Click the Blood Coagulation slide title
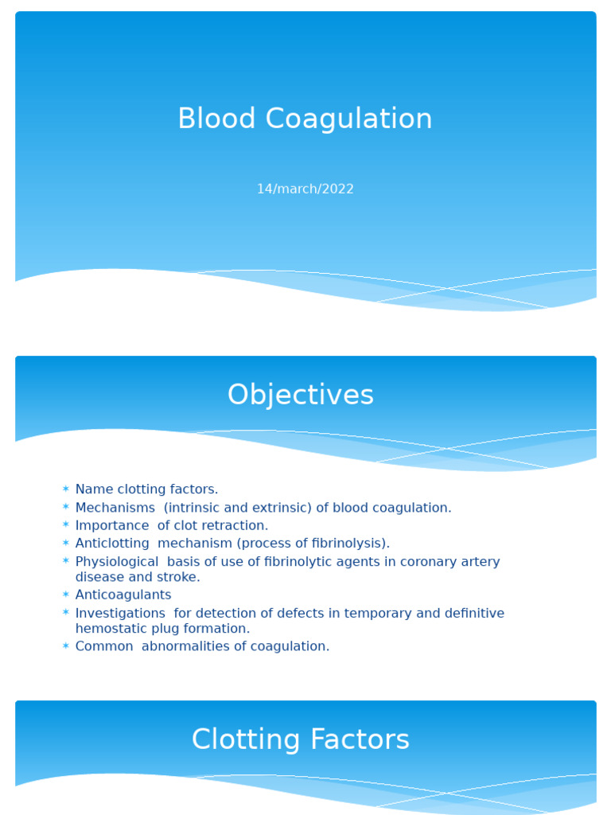[305, 119]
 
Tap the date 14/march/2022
[305, 189]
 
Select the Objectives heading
[301, 395]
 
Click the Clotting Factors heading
[301, 739]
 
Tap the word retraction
[236, 525]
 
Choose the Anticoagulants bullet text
[123, 595]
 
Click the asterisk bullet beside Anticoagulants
[66, 595]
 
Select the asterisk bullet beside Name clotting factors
[66, 489]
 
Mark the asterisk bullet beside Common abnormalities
[66, 646]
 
